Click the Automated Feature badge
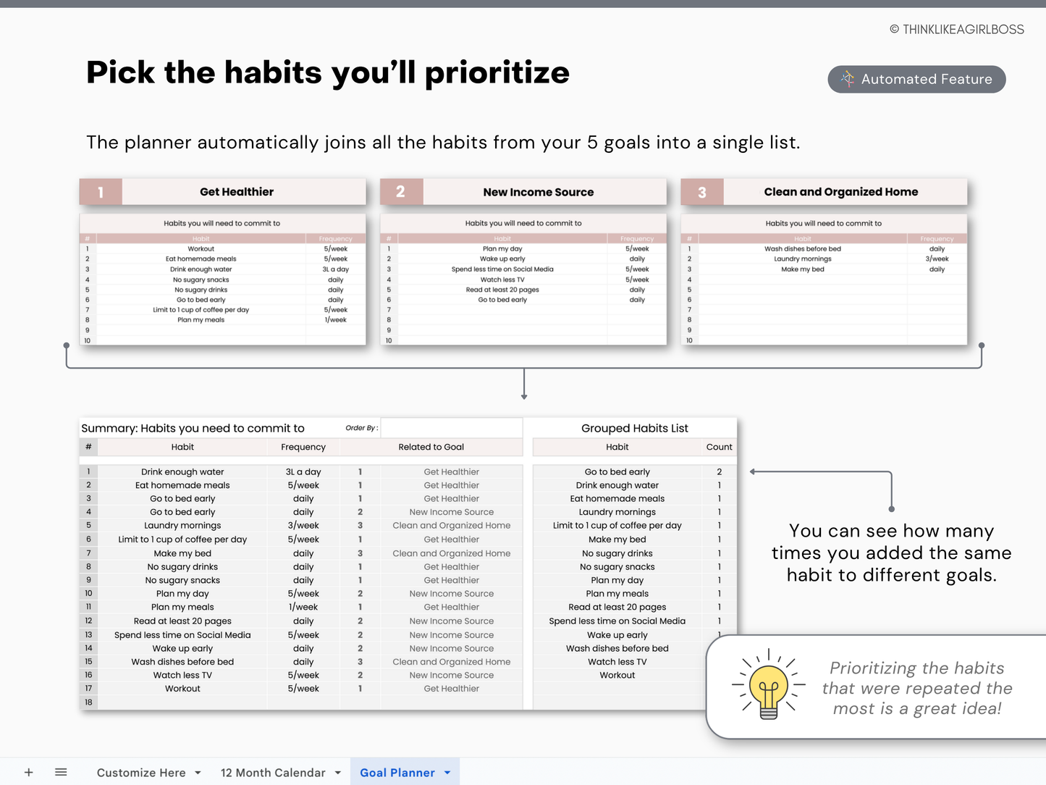(916, 79)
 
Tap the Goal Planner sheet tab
(397, 773)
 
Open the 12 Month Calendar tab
(273, 773)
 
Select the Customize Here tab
(141, 773)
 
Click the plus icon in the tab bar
(29, 773)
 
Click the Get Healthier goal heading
(237, 192)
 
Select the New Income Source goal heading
(538, 192)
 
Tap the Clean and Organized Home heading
(840, 192)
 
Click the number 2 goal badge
(400, 192)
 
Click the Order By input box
(451, 428)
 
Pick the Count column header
(719, 448)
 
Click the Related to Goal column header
(431, 448)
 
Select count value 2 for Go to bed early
(719, 472)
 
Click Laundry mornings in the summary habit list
(182, 526)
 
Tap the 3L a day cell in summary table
(303, 472)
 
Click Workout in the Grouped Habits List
(617, 676)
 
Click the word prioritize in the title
(497, 73)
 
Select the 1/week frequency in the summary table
(303, 608)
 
